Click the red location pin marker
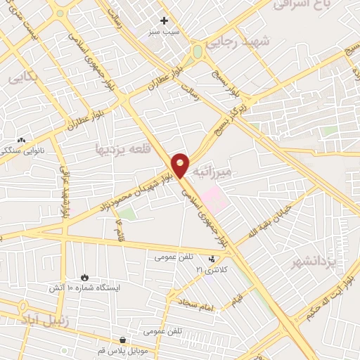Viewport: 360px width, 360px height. click(181, 165)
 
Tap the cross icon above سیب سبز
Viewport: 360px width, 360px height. click(164, 21)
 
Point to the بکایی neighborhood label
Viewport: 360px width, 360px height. click(23, 78)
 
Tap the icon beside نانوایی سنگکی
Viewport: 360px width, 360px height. click(21, 141)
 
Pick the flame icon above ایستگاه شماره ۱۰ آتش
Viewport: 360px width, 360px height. click(85, 278)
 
